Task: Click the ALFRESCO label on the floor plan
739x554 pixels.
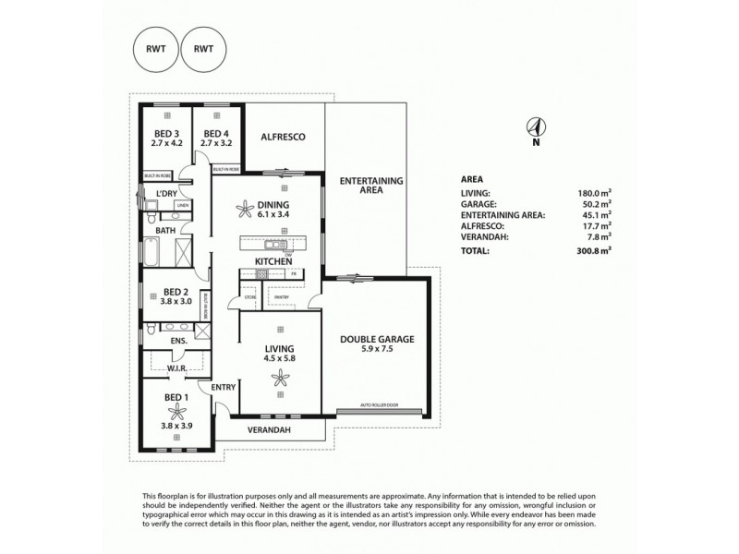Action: pos(283,137)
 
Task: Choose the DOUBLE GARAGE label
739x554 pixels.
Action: pos(376,339)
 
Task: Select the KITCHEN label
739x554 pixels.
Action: pos(273,262)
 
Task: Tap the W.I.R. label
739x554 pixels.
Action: pos(177,370)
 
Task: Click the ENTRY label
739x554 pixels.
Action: pos(224,388)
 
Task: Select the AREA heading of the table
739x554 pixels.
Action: pos(471,179)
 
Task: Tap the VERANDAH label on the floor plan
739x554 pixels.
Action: pos(272,430)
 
